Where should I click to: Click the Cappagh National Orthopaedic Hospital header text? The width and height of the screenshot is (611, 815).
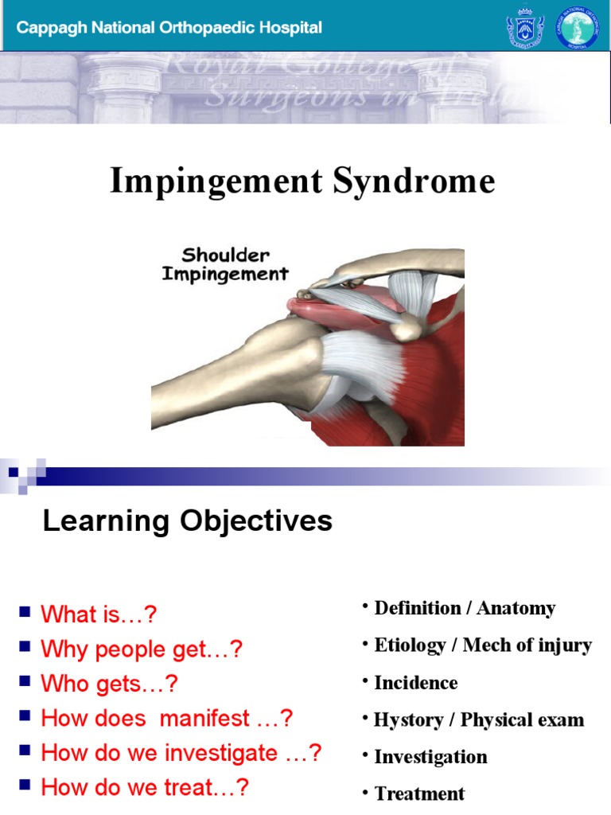click(169, 28)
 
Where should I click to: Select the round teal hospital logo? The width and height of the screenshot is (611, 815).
click(577, 28)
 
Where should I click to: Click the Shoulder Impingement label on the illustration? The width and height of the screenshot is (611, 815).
click(225, 265)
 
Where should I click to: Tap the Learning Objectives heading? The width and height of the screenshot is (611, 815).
click(187, 521)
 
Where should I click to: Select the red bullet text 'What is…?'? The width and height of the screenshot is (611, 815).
click(99, 614)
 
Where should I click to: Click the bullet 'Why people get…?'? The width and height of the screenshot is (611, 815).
click(141, 649)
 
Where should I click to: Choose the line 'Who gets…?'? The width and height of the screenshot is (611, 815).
click(109, 684)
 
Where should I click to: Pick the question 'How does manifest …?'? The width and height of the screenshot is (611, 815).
click(167, 718)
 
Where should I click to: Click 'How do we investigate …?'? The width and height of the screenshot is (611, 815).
click(181, 753)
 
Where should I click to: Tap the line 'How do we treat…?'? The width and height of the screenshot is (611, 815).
click(145, 787)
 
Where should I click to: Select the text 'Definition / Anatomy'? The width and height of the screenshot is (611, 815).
click(465, 609)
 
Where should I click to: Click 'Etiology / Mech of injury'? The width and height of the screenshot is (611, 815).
click(483, 645)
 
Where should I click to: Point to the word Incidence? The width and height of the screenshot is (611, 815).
click(416, 683)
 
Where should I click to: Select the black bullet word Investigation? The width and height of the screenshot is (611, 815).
click(430, 757)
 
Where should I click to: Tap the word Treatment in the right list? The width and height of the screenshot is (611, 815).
click(419, 794)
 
